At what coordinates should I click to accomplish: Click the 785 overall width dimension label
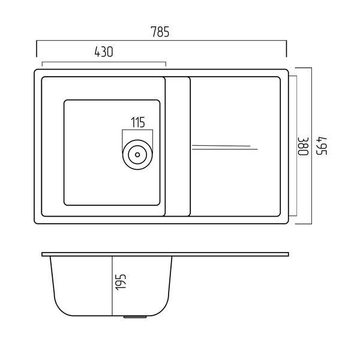click(160, 32)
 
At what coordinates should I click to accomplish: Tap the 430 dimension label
click(104, 52)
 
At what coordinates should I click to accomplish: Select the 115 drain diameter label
click(138, 122)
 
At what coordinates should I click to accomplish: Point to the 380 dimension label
click(303, 146)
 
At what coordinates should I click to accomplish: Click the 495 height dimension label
click(322, 146)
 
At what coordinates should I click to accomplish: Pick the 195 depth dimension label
click(121, 282)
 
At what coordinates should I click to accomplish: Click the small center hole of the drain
click(137, 155)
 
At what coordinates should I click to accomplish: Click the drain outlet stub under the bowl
click(135, 317)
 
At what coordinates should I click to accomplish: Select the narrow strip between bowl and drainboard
click(178, 146)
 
